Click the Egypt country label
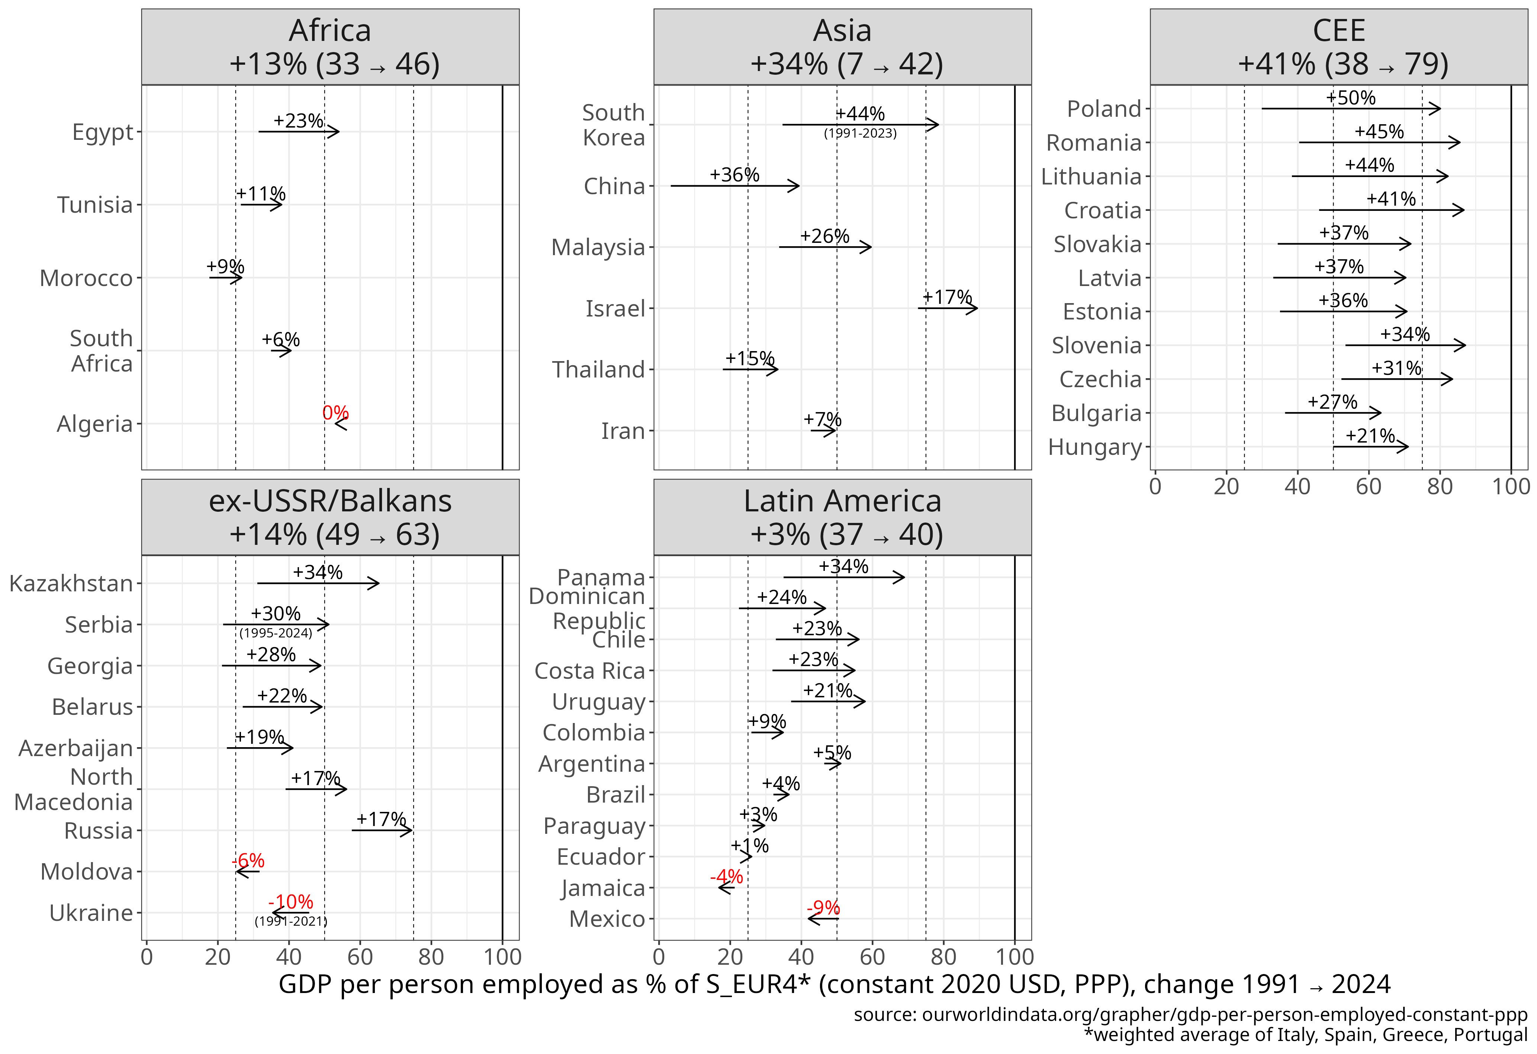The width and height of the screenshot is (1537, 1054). pos(103,132)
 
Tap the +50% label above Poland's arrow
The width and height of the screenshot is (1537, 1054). pos(1350,98)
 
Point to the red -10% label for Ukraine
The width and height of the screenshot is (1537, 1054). pos(290,902)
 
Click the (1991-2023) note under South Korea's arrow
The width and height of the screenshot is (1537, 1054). pos(860,134)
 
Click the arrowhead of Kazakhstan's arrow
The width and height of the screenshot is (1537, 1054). pos(375,583)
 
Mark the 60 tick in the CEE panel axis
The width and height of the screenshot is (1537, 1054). pos(1369,487)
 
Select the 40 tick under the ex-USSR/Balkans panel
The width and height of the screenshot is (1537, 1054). pos(289,957)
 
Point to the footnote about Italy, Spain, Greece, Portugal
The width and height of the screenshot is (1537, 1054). pos(1306,1035)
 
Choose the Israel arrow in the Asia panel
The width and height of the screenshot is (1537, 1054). pos(947,308)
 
